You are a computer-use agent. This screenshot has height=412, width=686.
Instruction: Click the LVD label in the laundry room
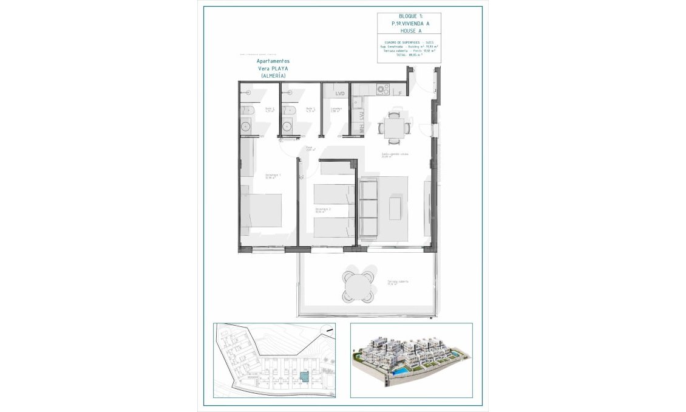pyautogui.click(x=340, y=94)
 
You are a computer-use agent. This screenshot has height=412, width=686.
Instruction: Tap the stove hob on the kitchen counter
pyautogui.click(x=382, y=89)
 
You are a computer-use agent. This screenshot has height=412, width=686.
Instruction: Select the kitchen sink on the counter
pyautogui.click(x=357, y=103)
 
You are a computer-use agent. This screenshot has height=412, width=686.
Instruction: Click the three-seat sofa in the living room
pyautogui.click(x=369, y=208)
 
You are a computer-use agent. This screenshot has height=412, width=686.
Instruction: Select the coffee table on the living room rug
pyautogui.click(x=396, y=208)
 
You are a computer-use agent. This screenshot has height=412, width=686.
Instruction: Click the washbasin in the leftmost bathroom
pyautogui.click(x=246, y=127)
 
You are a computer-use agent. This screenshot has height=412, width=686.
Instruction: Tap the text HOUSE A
pyautogui.click(x=400, y=30)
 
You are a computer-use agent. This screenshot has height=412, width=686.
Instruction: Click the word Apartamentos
pyautogui.click(x=273, y=61)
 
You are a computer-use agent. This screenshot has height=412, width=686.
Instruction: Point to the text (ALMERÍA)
pyautogui.click(x=273, y=75)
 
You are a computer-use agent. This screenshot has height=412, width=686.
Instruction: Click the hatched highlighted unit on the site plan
pyautogui.click(x=304, y=377)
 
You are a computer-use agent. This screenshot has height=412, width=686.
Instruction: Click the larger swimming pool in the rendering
pyautogui.click(x=401, y=369)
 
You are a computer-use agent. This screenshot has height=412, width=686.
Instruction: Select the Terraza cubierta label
pyautogui.click(x=398, y=282)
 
